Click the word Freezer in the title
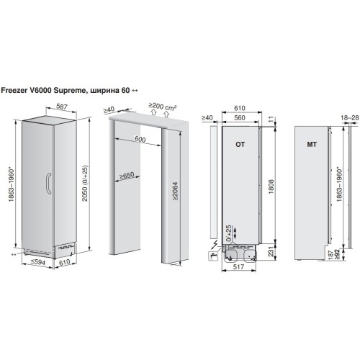point(14,90)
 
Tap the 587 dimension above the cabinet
point(61,107)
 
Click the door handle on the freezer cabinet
point(48,183)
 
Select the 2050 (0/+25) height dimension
point(85,183)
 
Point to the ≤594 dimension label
point(38,262)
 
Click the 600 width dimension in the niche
point(140,139)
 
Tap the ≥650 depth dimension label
point(127,176)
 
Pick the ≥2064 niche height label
point(175,192)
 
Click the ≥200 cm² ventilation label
point(163,107)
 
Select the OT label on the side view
point(240,144)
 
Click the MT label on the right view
point(312,144)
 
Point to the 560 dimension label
point(240,117)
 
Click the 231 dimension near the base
point(271,251)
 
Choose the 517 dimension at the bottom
point(238,266)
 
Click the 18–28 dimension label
point(349,117)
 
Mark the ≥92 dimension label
point(337,254)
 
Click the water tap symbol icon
point(213,256)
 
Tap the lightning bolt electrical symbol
point(215,245)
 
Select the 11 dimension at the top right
point(271,119)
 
